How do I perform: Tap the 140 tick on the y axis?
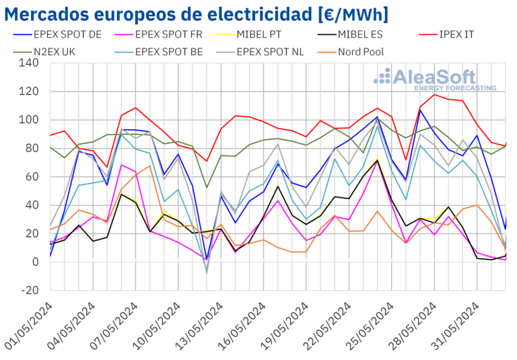pyautogui.click(x=30, y=63)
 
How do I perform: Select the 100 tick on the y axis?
pyautogui.click(x=30, y=120)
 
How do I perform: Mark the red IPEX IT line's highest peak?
pyautogui.click(x=434, y=94)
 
